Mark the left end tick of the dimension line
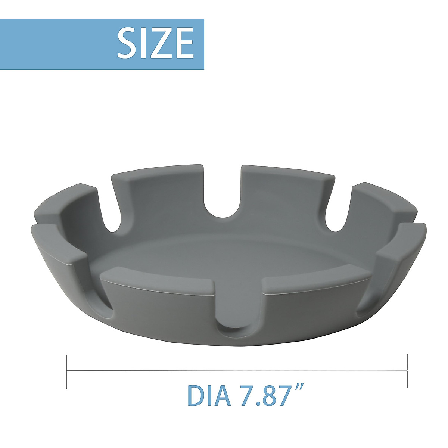(x=66, y=371)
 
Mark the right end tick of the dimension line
(x=407, y=371)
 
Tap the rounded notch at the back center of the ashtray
(x=223, y=202)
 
